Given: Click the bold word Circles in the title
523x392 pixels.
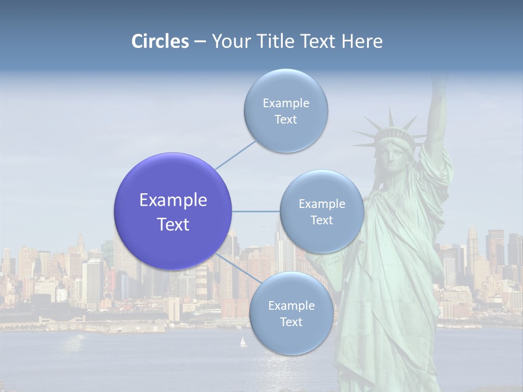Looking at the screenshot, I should pos(160,41).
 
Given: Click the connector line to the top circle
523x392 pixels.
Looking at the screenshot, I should pos(235,155).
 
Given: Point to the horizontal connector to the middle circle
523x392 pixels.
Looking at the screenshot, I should pos(256,211).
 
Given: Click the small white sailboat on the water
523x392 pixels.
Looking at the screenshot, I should pos(243,342).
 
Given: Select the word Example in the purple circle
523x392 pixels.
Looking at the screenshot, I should pos(173,200).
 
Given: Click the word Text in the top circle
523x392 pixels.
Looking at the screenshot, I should pos(285,120).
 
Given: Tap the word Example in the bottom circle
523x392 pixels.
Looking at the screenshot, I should pos(291,305).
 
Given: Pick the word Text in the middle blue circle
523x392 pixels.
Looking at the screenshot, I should pos(321,220).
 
